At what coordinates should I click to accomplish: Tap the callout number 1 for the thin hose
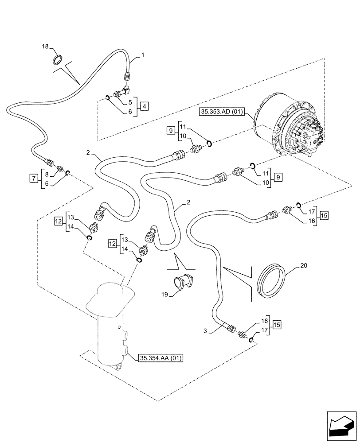click(143, 55)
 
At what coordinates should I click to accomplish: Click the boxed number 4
click(145, 106)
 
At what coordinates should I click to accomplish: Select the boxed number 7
click(33, 178)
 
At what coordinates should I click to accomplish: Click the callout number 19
click(165, 294)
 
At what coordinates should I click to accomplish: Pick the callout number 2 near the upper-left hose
click(90, 153)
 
